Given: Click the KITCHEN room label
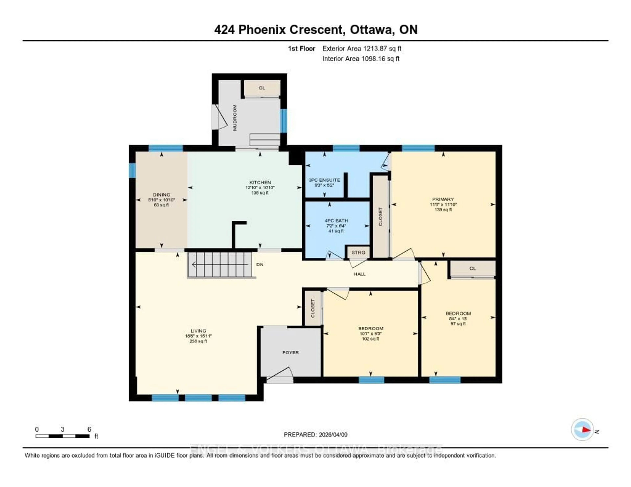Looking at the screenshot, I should (x=260, y=182).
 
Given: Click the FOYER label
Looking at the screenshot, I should (x=290, y=353).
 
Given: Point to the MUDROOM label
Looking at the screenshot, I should (x=235, y=118).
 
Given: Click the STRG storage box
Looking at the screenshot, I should (x=358, y=253).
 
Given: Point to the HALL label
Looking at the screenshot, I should (x=359, y=274).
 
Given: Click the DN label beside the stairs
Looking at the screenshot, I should (x=260, y=264).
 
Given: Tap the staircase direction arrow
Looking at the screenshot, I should (x=220, y=264).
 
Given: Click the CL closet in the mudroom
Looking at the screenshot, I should (x=262, y=88).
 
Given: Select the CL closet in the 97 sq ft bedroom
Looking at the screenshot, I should (x=472, y=268).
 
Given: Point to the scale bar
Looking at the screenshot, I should (x=62, y=436).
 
